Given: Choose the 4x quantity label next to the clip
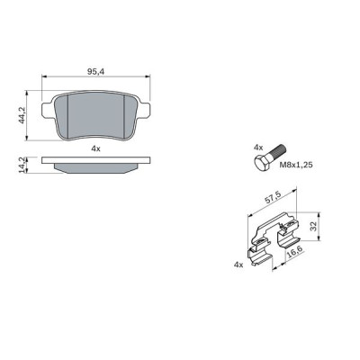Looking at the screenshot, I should pyautogui.click(x=238, y=265).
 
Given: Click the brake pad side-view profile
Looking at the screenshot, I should pyautogui.click(x=99, y=164).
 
